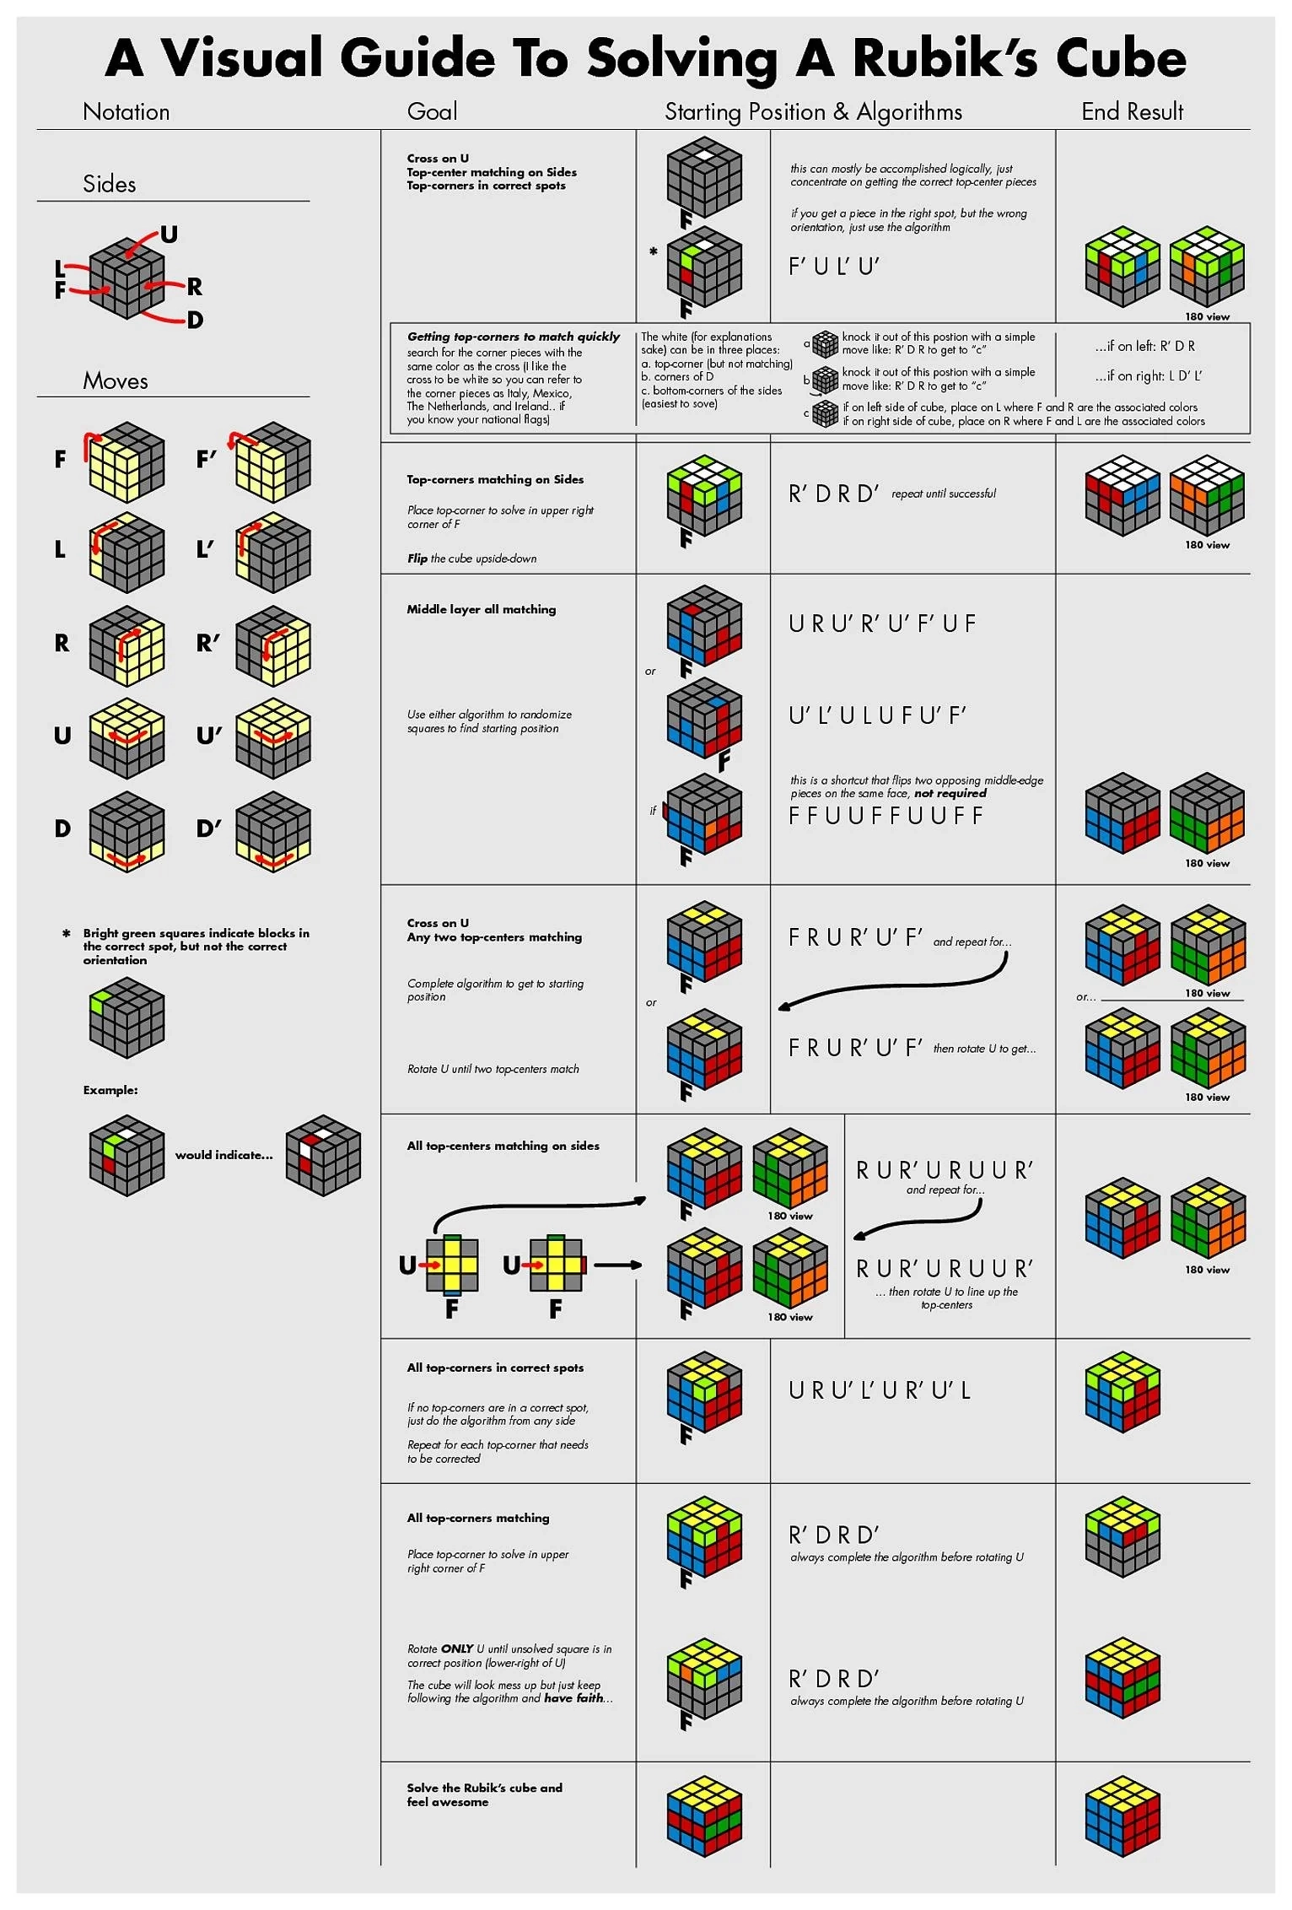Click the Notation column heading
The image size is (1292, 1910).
tap(127, 112)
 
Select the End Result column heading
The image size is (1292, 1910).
tap(1132, 112)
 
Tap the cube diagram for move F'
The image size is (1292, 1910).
tap(273, 462)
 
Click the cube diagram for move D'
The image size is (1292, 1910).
tap(273, 832)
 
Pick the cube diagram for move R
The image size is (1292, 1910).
tap(127, 645)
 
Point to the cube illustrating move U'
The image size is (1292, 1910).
tap(273, 738)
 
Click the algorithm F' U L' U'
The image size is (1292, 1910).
tap(833, 267)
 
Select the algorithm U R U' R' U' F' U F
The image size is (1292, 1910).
tap(882, 623)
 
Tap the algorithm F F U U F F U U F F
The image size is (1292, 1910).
tap(886, 816)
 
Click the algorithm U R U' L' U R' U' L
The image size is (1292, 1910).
tap(880, 1389)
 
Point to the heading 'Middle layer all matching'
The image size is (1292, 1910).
tap(481, 609)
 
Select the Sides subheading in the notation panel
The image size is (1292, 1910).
tap(110, 184)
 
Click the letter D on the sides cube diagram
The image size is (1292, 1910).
tap(195, 320)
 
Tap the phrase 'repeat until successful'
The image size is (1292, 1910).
tap(943, 494)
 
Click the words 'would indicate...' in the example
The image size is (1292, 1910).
tap(223, 1155)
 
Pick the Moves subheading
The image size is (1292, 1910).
tap(116, 381)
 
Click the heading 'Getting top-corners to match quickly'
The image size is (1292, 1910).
tap(513, 337)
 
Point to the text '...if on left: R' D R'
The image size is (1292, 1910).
tap(1144, 346)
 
